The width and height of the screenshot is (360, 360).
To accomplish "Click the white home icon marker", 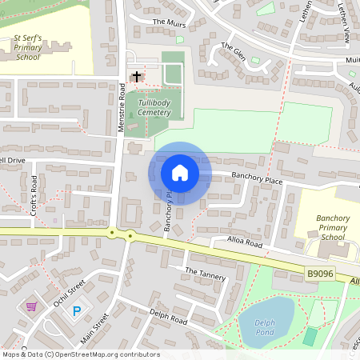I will click(180, 173).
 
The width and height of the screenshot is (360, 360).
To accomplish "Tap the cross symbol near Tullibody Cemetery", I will click(137, 77).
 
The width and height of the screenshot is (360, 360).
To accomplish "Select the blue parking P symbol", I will click(77, 310).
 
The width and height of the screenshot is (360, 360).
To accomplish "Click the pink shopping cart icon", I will click(31, 306).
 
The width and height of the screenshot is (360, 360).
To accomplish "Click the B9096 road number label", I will click(320, 274).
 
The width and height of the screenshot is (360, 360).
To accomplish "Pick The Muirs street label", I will click(169, 23).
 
